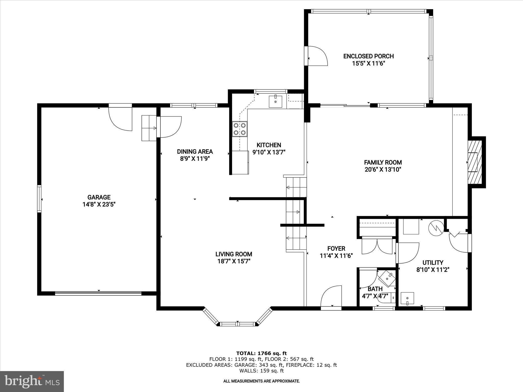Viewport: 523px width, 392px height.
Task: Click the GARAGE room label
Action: click(99, 197)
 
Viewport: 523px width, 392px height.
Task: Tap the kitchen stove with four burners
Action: click(240, 129)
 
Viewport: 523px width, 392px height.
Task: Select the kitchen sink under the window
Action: click(275, 102)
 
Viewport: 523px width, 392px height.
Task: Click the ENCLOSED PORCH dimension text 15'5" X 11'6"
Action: click(368, 64)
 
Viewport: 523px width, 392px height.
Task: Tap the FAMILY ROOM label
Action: click(383, 162)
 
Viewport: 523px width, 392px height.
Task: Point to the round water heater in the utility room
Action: click(436, 228)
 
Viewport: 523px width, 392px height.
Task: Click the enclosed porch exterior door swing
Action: click(317, 56)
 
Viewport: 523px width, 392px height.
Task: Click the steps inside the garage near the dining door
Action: click(149, 128)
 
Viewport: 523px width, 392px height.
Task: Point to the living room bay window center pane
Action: click(237, 324)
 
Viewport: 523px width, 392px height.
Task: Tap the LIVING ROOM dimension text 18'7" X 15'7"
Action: click(234, 261)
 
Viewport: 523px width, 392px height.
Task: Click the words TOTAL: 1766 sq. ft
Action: click(261, 353)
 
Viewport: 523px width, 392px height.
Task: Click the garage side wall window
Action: click(39, 199)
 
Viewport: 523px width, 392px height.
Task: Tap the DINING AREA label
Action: click(195, 152)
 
